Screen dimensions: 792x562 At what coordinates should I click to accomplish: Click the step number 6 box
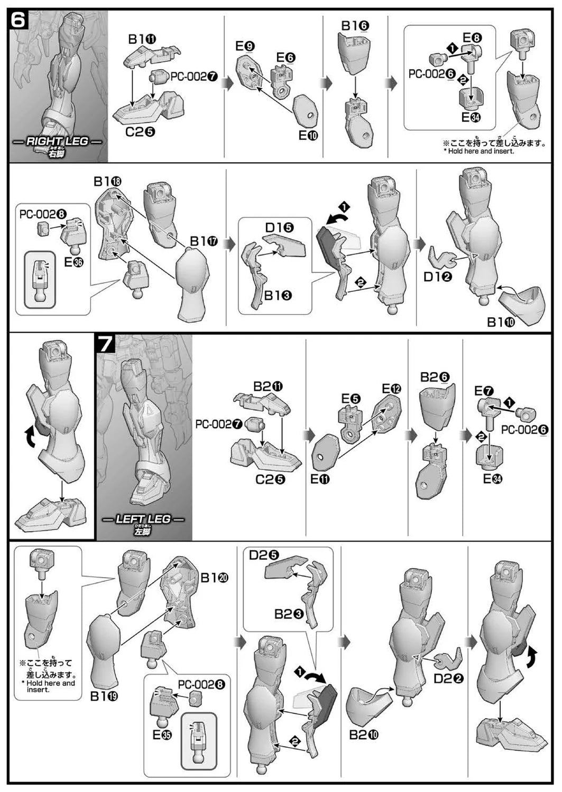(x=18, y=21)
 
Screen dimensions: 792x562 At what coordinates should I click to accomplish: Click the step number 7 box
(x=105, y=344)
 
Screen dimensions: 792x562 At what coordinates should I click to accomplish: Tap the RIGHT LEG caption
(x=58, y=142)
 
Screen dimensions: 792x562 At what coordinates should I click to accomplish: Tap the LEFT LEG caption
(x=143, y=520)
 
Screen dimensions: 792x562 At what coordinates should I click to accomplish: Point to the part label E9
(x=245, y=46)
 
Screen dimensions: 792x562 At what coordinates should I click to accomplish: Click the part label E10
(x=308, y=135)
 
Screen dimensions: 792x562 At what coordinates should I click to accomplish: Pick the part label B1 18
(x=107, y=181)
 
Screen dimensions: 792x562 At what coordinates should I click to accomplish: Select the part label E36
(x=73, y=261)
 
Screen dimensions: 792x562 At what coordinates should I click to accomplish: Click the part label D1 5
(x=280, y=228)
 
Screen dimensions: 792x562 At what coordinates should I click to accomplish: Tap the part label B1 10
(x=501, y=322)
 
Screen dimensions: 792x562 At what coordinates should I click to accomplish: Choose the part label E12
(x=391, y=389)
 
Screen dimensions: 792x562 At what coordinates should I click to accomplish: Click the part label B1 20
(x=214, y=578)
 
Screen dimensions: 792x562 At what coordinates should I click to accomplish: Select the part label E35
(x=162, y=734)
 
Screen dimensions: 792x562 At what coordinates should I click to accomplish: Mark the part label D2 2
(x=448, y=678)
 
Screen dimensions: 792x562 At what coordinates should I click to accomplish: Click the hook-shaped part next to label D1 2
(x=443, y=257)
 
